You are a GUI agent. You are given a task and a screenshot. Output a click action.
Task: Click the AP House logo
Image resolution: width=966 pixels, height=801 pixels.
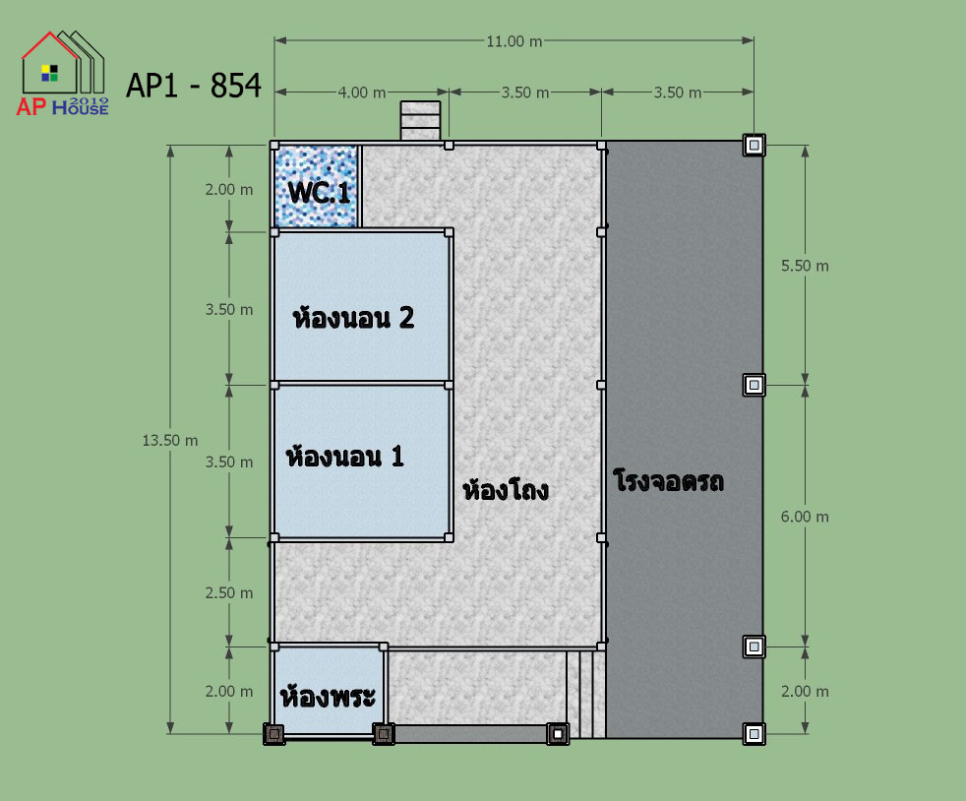point(62,74)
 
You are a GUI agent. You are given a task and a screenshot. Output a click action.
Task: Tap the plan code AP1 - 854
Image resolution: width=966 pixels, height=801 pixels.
point(194,85)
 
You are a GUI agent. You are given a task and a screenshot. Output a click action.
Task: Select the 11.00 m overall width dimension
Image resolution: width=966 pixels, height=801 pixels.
point(514,41)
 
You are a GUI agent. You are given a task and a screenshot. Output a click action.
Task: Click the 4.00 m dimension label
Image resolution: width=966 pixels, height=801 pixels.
point(362,92)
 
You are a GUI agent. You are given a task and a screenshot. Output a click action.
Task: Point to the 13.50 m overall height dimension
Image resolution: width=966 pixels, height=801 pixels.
point(170,441)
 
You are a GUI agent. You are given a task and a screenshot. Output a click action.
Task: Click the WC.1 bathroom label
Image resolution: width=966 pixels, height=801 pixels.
point(319,192)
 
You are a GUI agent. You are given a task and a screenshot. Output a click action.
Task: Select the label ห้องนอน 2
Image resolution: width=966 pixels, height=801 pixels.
point(353,317)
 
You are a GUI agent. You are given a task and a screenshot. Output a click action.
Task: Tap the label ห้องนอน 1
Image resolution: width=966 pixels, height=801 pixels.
point(345,456)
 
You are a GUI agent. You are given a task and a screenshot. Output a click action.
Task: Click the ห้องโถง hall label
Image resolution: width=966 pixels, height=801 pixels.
point(506,490)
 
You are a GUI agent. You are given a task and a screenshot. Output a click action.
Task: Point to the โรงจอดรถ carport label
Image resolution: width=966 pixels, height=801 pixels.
point(669,480)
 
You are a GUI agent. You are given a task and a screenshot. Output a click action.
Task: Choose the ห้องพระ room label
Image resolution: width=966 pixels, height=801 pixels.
point(328,696)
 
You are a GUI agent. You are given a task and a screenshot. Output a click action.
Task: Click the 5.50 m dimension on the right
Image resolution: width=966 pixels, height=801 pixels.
point(806,266)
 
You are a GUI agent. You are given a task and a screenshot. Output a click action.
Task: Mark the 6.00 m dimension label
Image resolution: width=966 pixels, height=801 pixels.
point(806,517)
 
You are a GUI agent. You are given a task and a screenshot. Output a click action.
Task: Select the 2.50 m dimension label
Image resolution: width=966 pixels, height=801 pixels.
point(229,592)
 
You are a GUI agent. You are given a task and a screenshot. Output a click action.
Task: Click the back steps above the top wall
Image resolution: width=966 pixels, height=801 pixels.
point(421,121)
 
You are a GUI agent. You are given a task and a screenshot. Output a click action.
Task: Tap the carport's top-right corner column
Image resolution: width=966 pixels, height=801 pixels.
point(755,145)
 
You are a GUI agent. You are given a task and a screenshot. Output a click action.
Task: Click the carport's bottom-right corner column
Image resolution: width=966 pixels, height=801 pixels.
point(755,734)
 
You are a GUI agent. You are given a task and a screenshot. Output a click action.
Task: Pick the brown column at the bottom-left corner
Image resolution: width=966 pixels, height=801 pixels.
point(274,734)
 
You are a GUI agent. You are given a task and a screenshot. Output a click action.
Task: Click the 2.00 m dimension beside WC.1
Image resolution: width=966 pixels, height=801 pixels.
point(229,189)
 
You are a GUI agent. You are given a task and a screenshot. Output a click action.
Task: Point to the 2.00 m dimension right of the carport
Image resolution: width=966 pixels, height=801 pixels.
point(806,692)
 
